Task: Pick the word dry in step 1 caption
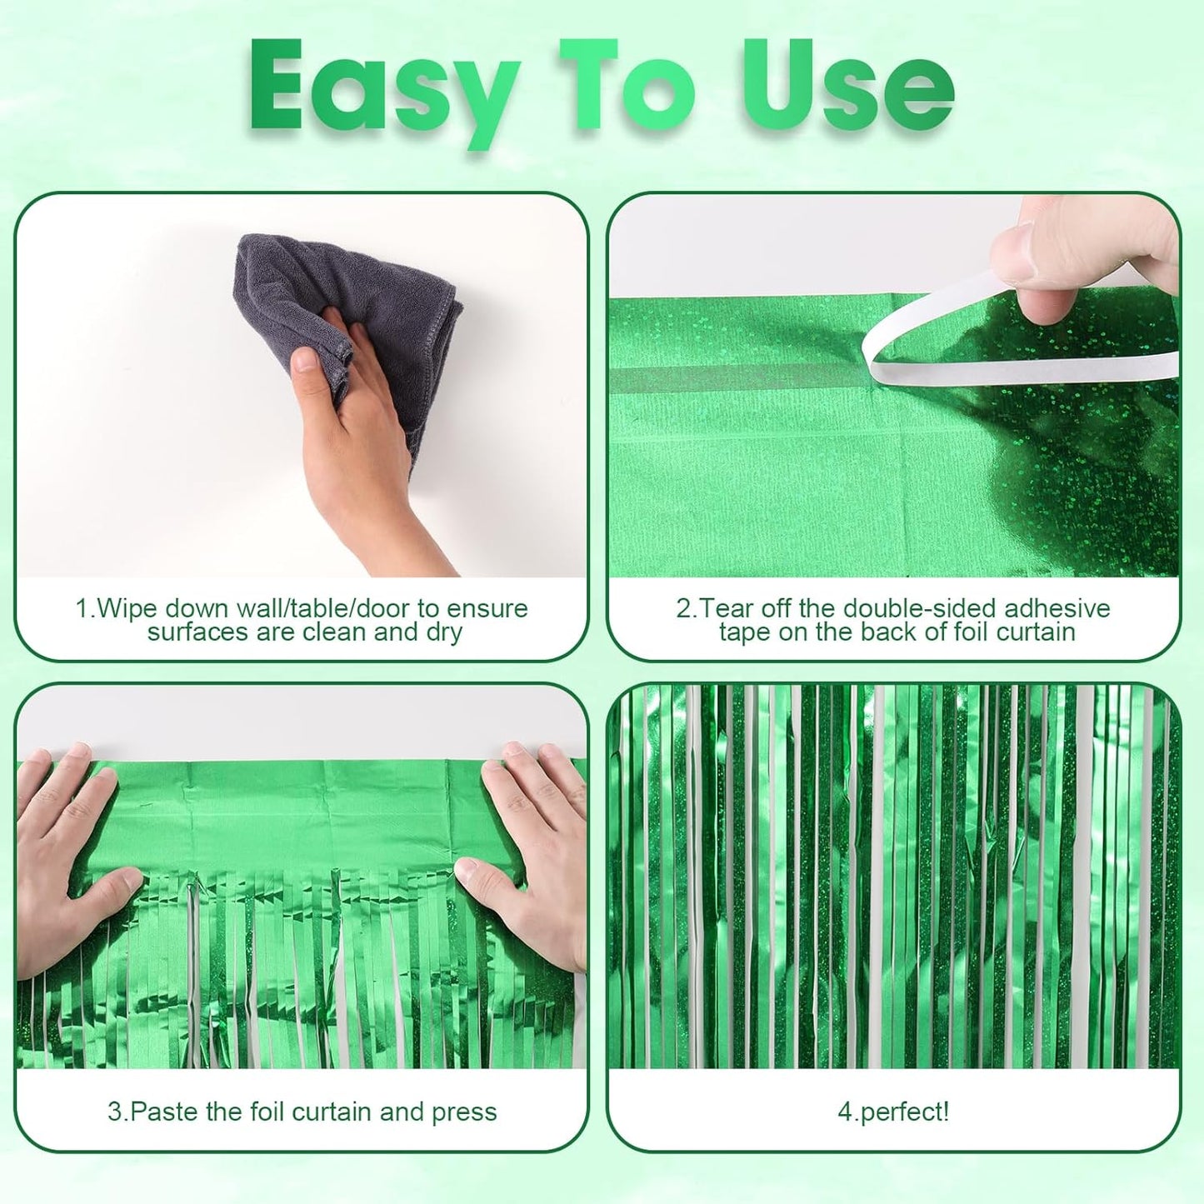[443, 632]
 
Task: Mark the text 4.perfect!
[893, 1112]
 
